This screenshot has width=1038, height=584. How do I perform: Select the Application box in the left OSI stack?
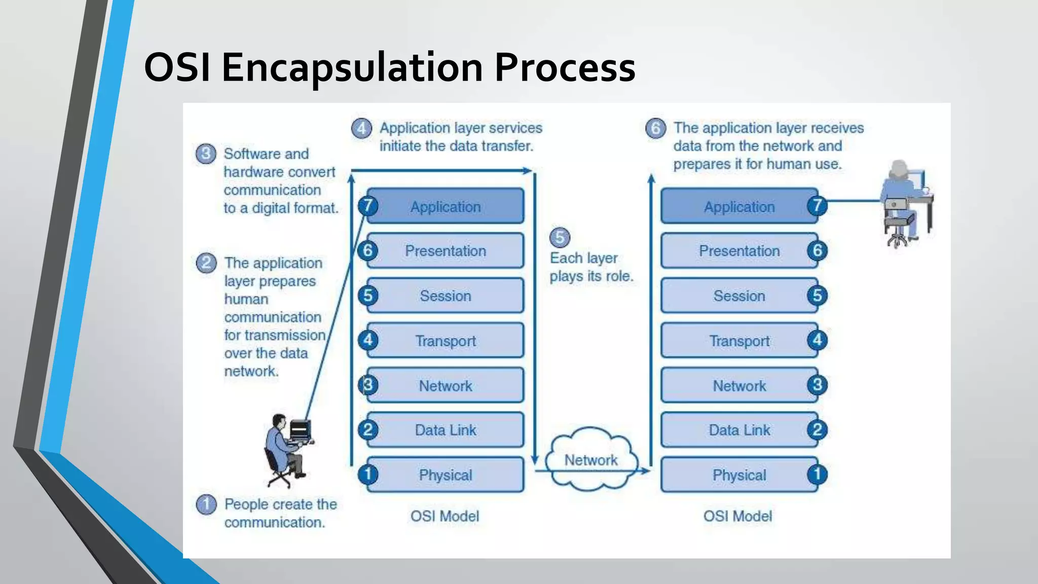point(446,206)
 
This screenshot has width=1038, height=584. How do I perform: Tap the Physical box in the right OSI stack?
point(739,475)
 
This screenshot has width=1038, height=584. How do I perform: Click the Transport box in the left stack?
point(446,341)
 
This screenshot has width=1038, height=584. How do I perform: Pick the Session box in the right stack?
point(739,296)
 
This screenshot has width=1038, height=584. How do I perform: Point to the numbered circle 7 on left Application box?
point(368,206)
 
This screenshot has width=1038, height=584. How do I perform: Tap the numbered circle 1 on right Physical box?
point(817,474)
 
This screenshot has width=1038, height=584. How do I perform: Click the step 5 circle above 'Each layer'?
point(560,237)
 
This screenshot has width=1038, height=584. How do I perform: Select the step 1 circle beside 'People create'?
point(206,504)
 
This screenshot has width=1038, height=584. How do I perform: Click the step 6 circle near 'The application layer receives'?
point(655,128)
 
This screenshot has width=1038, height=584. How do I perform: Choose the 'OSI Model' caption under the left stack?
point(444,516)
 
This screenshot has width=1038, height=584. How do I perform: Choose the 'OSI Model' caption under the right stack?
point(737,516)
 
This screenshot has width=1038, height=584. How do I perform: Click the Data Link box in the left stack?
point(446,430)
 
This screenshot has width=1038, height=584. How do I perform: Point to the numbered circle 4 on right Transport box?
point(817,340)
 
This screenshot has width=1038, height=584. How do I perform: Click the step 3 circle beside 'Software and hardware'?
point(206,154)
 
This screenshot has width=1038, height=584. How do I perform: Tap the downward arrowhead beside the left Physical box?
point(535,459)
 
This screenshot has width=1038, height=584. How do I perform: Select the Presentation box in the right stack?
point(739,250)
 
